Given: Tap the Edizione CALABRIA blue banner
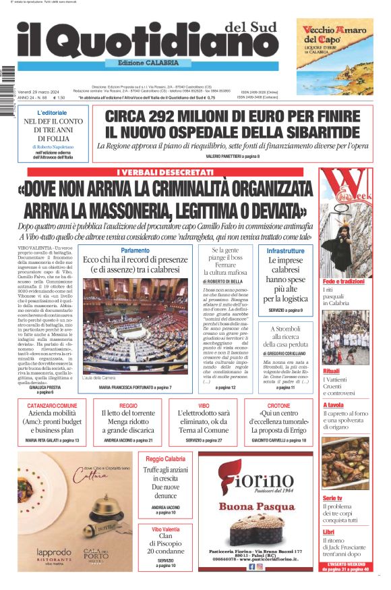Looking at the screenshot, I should [x=148, y=63].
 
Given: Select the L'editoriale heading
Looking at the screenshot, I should [x=52, y=113].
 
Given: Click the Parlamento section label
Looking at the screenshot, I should [x=135, y=250].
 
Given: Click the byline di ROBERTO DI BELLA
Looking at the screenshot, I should [x=224, y=281].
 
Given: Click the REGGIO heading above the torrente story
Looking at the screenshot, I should [x=128, y=406].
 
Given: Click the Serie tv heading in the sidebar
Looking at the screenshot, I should [x=333, y=498].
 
